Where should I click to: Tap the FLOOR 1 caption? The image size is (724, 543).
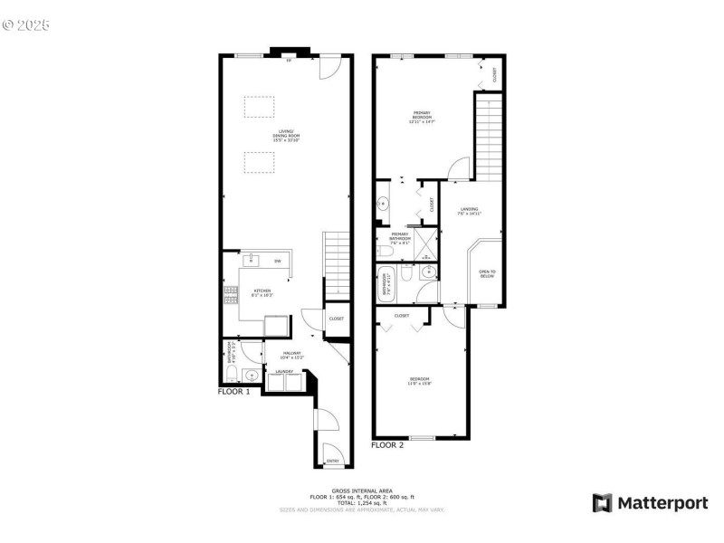point(233,392)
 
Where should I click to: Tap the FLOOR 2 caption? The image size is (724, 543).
point(387,444)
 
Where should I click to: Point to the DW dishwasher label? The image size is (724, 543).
point(278,262)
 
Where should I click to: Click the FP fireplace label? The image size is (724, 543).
point(289,61)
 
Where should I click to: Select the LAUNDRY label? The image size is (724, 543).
point(282,371)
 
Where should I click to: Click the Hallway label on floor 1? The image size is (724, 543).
point(291,355)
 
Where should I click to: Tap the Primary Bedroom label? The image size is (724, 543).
point(421,118)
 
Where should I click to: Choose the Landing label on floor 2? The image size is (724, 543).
point(469,211)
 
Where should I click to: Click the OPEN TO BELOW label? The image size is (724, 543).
point(487,274)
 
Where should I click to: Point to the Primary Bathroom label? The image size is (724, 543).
point(399,237)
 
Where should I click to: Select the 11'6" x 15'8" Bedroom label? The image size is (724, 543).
point(419,380)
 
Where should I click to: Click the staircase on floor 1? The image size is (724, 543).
point(336,263)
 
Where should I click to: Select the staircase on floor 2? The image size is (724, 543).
point(489,136)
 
